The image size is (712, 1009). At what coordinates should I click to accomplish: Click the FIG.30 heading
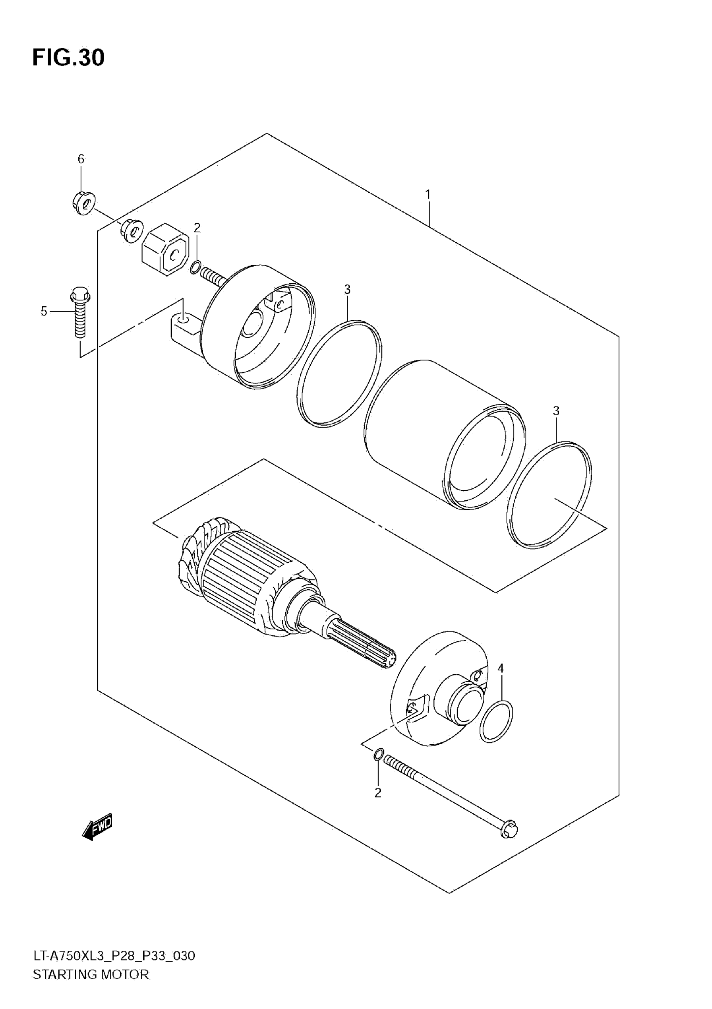pos(69,57)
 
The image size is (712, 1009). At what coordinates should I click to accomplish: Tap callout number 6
pos(81,159)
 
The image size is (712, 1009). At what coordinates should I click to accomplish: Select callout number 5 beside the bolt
pos(44,311)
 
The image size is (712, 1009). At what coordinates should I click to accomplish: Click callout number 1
pos(428,194)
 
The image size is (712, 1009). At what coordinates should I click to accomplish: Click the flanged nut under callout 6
pos(83,203)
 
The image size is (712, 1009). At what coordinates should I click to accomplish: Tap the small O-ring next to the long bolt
pos(379,754)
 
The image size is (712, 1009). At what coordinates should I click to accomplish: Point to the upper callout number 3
pos(347,289)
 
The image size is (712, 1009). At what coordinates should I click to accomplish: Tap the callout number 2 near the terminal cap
pos(197,227)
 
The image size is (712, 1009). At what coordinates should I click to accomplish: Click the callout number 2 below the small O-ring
pos(378,793)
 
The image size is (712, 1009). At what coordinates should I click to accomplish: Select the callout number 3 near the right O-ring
pos(556,411)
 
